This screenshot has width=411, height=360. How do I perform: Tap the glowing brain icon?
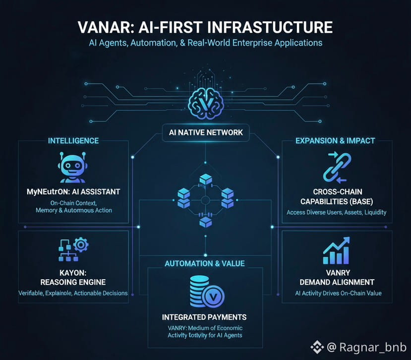[x=206, y=102]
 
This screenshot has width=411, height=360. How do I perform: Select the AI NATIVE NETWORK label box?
[x=205, y=132]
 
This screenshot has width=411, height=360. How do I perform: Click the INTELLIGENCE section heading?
[x=73, y=141]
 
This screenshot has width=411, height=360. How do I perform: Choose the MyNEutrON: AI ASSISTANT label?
[x=73, y=191]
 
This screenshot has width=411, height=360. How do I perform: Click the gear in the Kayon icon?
[x=80, y=245]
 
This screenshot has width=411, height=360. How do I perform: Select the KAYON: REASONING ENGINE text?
[x=73, y=277]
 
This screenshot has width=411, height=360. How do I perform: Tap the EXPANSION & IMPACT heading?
[x=336, y=141]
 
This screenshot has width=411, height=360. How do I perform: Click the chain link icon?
[x=336, y=166]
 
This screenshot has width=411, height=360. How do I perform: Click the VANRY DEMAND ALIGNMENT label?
[x=336, y=277]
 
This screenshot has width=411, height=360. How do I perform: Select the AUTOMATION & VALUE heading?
[x=205, y=264]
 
